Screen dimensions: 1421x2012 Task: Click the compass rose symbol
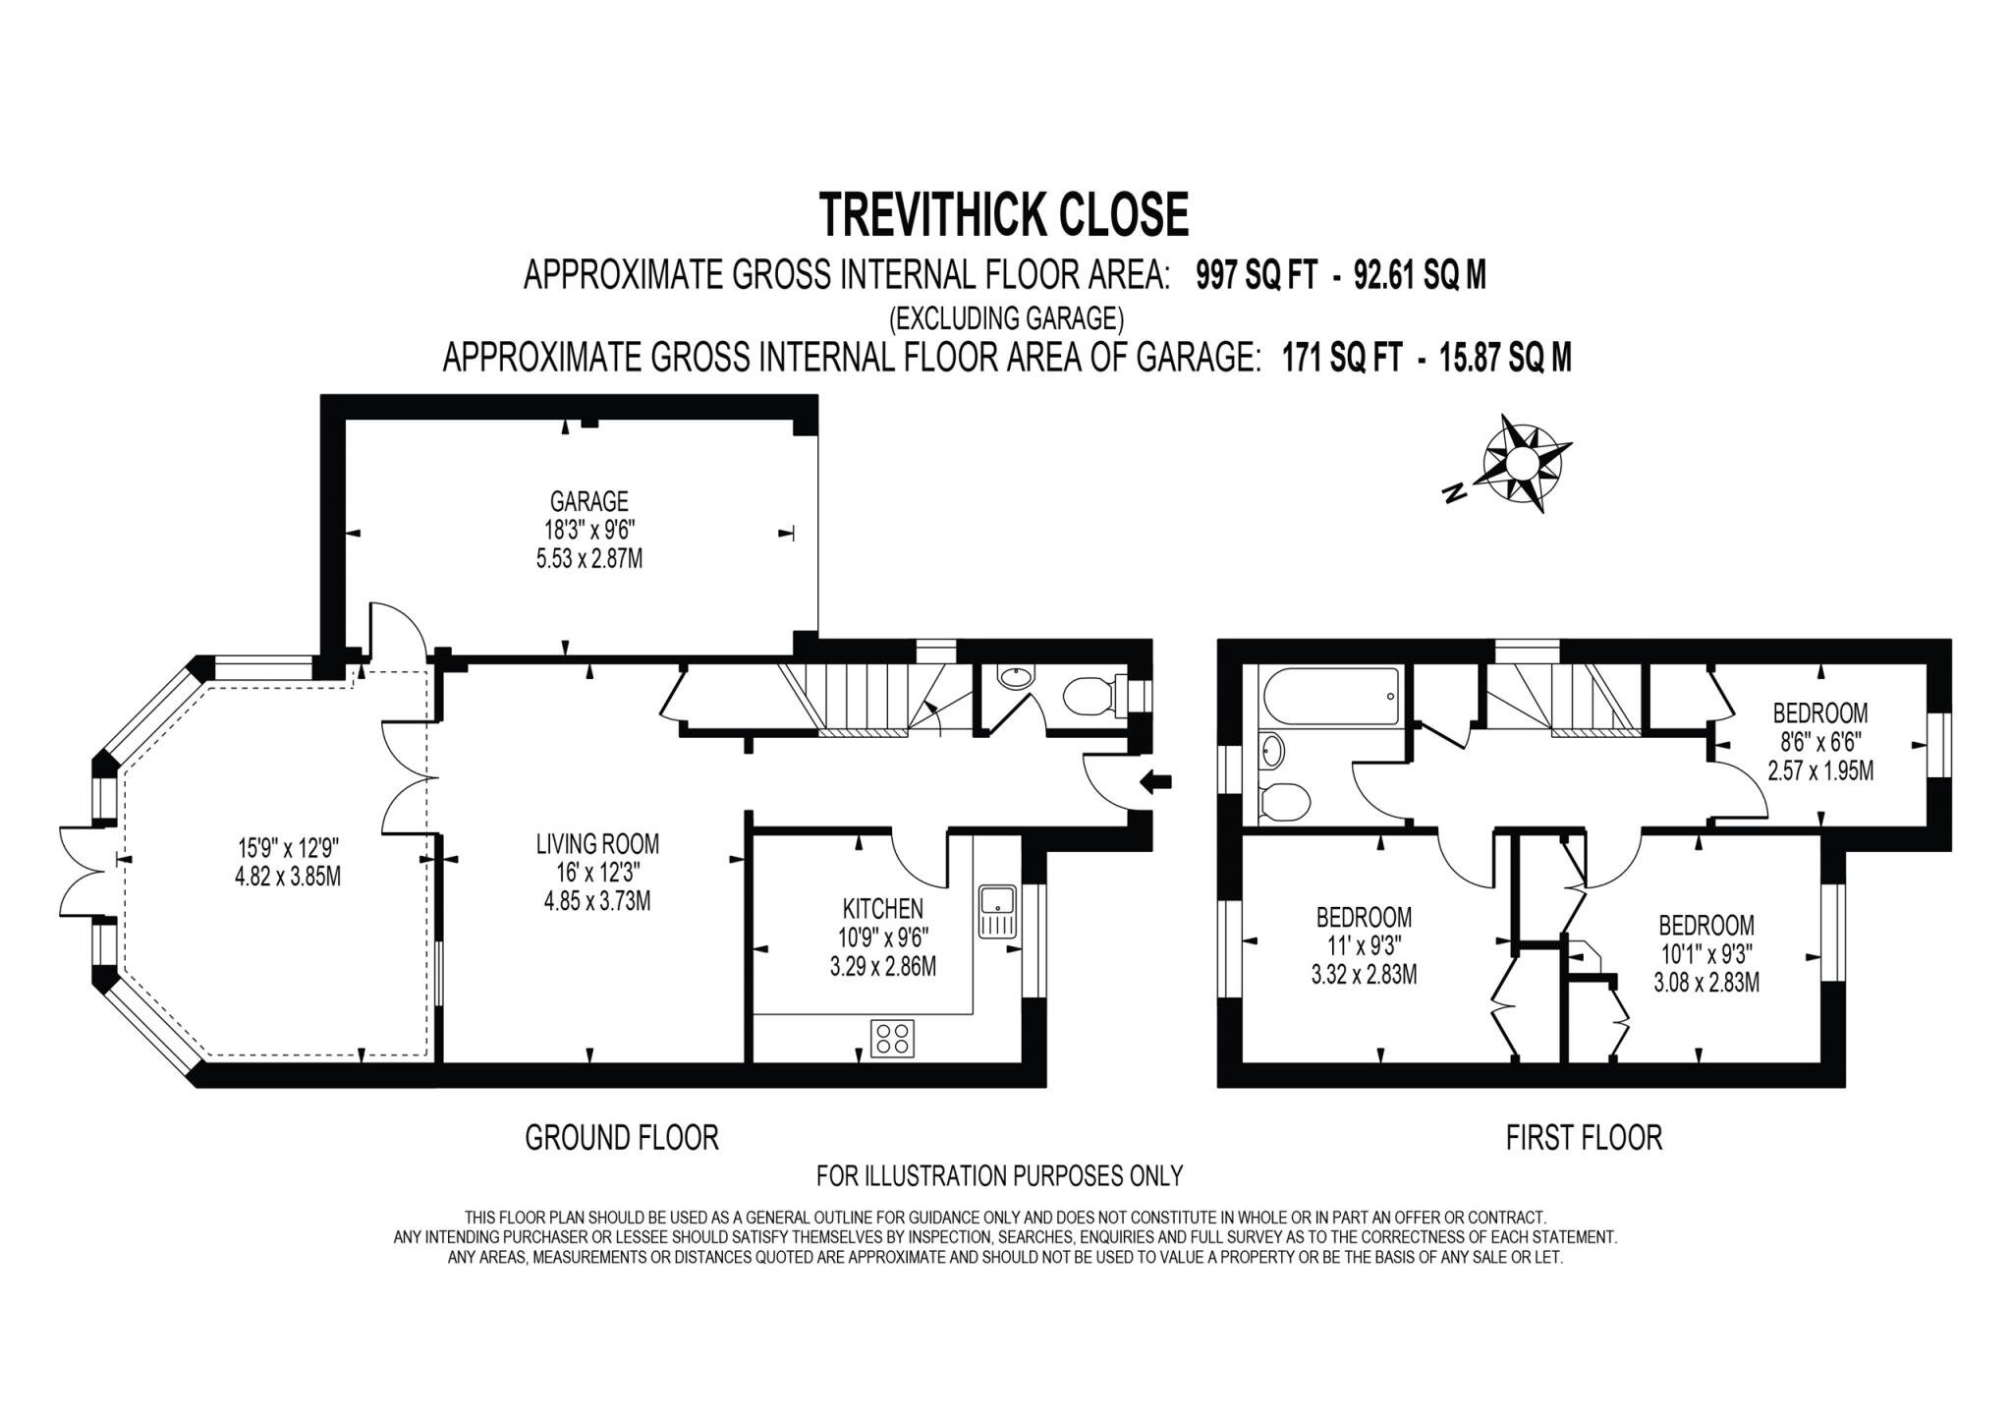click(1522, 464)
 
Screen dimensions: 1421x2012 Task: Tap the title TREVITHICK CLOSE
click(1004, 214)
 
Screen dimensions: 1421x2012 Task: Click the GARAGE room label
click(588, 501)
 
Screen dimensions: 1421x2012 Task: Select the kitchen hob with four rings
click(892, 1038)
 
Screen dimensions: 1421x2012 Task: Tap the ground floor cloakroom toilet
click(1090, 696)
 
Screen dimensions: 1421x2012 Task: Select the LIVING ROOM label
click(597, 843)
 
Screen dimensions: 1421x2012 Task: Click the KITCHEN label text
click(882, 908)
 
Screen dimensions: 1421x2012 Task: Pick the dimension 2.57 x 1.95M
click(1819, 771)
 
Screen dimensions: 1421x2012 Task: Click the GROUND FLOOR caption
click(621, 1138)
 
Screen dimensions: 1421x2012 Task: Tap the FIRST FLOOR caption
click(1584, 1138)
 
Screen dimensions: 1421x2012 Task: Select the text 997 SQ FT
click(1255, 276)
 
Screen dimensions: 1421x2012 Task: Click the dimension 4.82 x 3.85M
click(288, 877)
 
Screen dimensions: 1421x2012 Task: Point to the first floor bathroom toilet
click(1283, 802)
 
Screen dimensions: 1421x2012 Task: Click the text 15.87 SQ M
click(1504, 358)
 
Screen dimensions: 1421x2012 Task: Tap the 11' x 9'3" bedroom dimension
click(1364, 945)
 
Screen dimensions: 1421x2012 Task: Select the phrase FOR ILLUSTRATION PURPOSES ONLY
click(999, 1175)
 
